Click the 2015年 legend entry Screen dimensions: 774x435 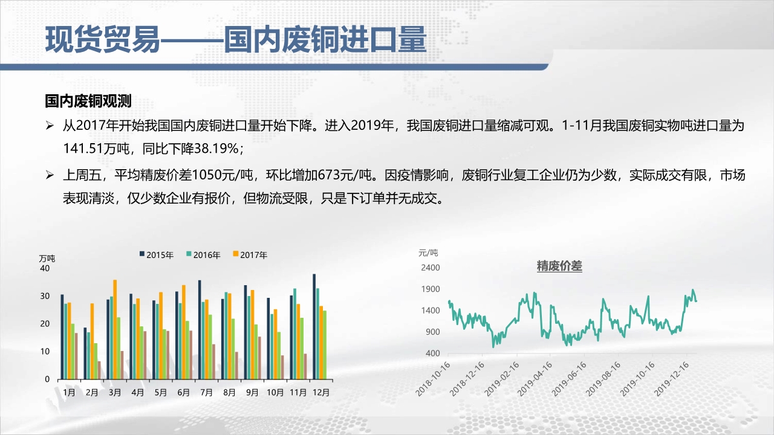coord(156,255)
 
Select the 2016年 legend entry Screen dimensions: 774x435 coord(203,255)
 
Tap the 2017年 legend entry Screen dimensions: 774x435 coord(250,255)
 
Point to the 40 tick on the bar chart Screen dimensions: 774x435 coord(45,268)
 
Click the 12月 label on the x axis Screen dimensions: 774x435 coord(321,393)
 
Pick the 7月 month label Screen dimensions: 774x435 coord(207,393)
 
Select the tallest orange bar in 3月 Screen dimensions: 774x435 coord(115,330)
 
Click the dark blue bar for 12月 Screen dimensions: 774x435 coord(314,327)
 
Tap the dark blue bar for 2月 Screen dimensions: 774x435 coord(85,353)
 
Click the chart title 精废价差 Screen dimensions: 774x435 coord(559,266)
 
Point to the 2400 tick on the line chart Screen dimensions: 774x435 coord(430,268)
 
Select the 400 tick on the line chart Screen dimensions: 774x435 coord(433,353)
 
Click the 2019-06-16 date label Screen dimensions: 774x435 coord(569,379)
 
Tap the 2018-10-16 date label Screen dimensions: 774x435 coord(432,379)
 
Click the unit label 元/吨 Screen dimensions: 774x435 coord(428,253)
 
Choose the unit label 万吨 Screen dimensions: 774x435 coord(47,259)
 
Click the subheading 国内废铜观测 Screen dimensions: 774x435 coord(88,101)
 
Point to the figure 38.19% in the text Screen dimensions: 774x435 coord(216,149)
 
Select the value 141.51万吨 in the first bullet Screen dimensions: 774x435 coord(96,149)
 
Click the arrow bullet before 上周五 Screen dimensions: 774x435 coord(50,175)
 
